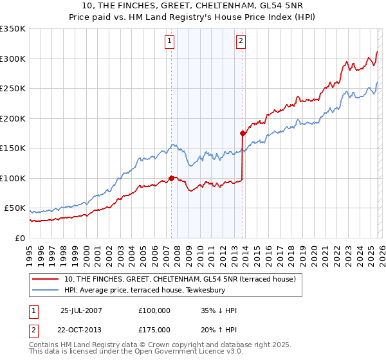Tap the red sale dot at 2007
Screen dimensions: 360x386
[172, 178]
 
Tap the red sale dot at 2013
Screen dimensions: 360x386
[243, 134]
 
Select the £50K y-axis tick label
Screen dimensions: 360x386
[15, 208]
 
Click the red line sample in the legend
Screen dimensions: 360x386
[46, 279]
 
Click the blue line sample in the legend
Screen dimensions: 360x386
[46, 290]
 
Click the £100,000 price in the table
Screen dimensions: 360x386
[154, 310]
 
